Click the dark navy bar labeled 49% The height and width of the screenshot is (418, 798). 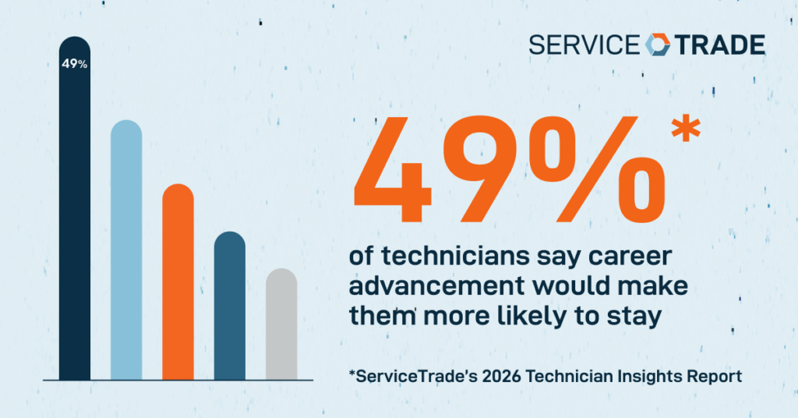[x=75, y=218]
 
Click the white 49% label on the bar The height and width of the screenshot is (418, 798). [x=75, y=64]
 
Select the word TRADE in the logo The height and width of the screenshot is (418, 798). [x=719, y=44]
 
